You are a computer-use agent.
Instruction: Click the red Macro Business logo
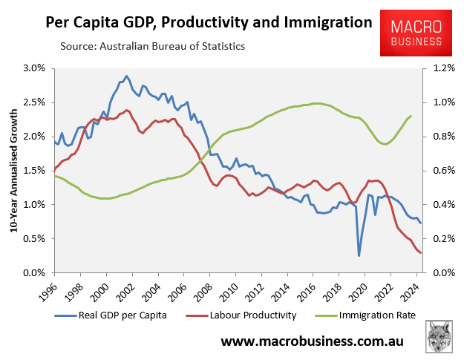coord(416,33)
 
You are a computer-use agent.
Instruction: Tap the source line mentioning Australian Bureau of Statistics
coord(152,47)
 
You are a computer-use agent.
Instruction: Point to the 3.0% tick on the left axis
coord(34,68)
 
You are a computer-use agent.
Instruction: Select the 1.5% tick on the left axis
coord(34,170)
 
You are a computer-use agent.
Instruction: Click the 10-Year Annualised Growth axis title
coord(13,171)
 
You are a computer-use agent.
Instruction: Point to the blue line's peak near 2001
coord(126,76)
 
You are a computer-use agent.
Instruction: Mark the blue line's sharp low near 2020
coord(359,256)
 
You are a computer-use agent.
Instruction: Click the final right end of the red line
coord(421,253)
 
